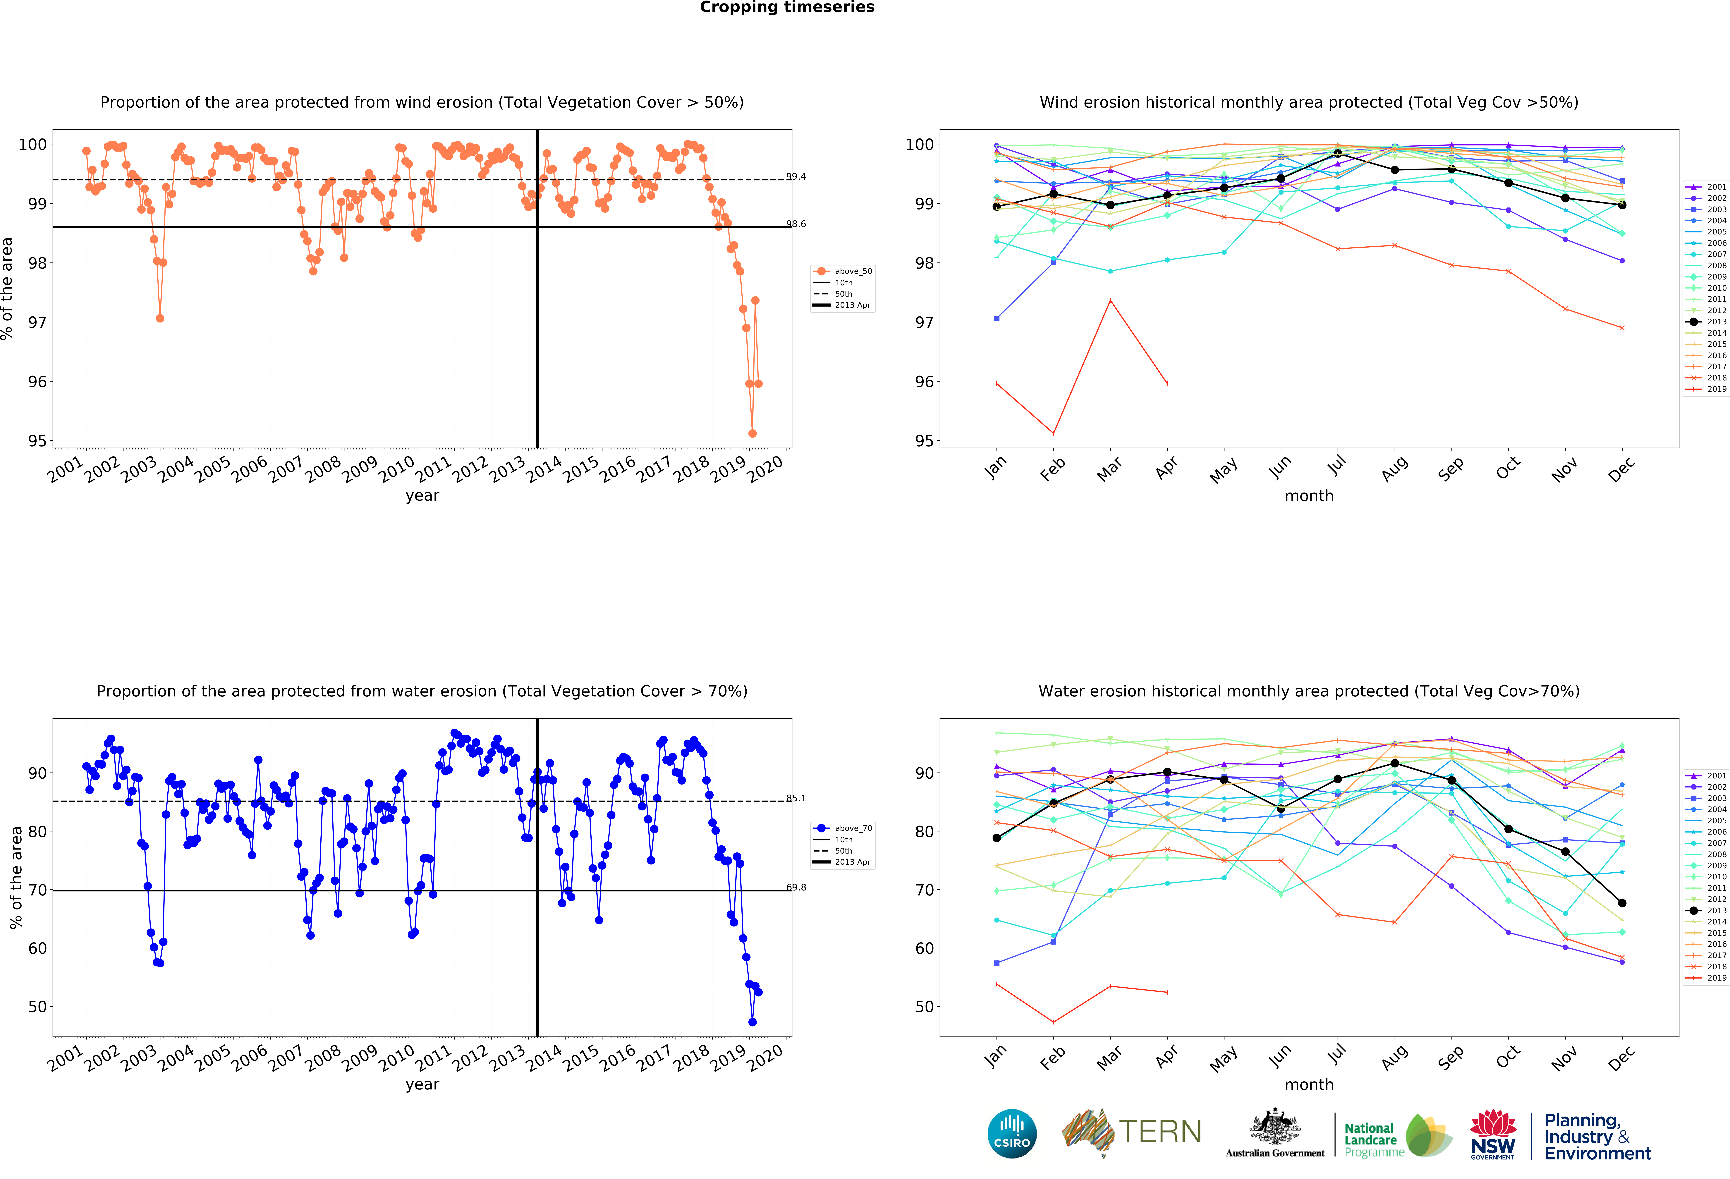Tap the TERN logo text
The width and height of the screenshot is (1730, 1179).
pos(1160,1132)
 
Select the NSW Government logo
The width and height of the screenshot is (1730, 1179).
pos(1492,1134)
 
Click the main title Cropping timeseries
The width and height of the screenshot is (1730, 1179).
pos(787,7)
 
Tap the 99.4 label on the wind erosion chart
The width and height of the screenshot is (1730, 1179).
pos(796,176)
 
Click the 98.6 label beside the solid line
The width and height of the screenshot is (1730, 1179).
pos(796,224)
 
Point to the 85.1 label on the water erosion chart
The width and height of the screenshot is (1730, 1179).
pos(796,798)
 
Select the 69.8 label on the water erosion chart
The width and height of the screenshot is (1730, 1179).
pos(796,887)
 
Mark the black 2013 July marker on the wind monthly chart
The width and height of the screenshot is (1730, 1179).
pos(1338,153)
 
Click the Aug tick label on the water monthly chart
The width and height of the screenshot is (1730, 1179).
pos(1394,1057)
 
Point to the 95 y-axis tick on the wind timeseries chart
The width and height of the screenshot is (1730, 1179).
pos(37,441)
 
